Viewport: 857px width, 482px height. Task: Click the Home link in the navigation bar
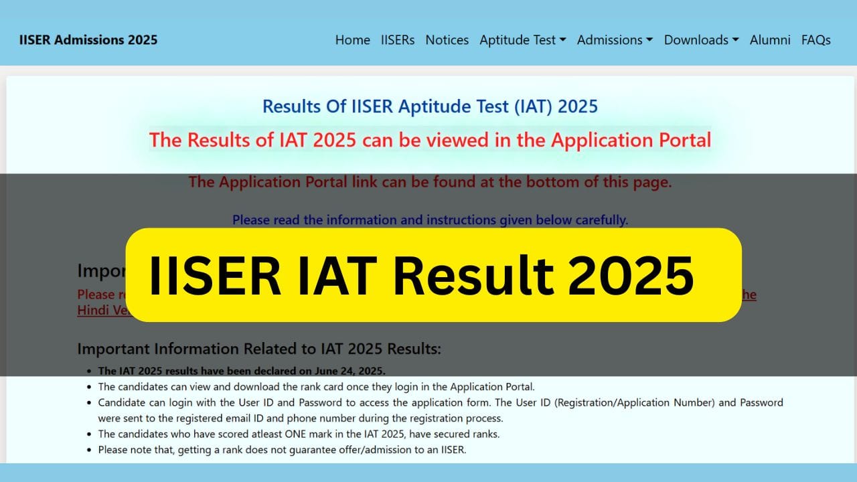click(352, 40)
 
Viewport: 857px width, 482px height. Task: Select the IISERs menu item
click(398, 40)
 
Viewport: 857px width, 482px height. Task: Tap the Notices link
click(447, 40)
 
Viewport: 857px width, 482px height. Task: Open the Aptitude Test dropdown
click(522, 40)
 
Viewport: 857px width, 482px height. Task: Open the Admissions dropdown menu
click(615, 40)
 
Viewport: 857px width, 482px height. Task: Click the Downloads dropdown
click(701, 40)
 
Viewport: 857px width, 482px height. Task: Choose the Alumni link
click(770, 40)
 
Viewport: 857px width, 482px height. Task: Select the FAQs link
click(815, 40)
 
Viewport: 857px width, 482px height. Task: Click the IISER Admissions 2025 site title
click(88, 40)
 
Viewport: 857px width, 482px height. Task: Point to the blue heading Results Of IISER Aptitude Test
click(430, 106)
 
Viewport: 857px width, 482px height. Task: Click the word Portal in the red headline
click(681, 141)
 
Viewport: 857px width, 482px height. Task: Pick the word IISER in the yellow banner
click(214, 275)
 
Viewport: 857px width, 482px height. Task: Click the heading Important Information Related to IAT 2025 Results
click(259, 349)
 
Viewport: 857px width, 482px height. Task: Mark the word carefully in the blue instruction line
click(602, 220)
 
